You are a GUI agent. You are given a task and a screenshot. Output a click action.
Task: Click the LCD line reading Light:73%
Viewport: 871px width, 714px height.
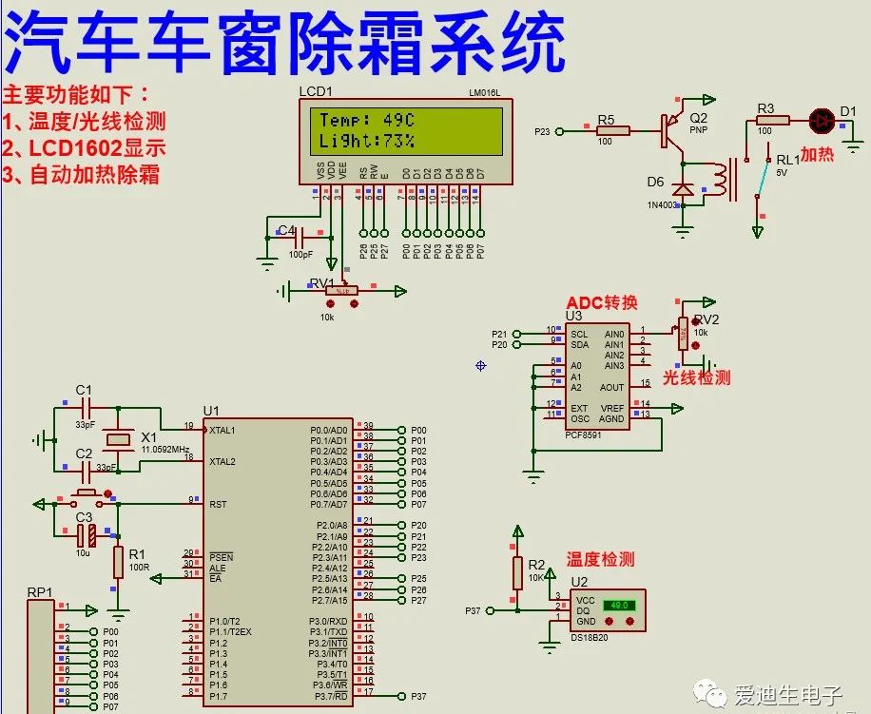366,141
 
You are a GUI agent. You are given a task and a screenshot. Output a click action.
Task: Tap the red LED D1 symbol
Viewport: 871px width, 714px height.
820,120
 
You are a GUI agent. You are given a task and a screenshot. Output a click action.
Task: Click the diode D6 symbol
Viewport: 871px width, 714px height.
682,188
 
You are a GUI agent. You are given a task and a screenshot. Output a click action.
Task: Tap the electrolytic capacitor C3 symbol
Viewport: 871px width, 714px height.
87,535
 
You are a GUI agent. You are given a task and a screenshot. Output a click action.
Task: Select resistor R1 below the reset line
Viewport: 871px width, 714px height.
118,562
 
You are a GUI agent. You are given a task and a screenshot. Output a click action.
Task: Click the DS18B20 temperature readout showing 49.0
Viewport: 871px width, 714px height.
620,605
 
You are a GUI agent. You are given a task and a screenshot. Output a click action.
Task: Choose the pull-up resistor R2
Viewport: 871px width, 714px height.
518,573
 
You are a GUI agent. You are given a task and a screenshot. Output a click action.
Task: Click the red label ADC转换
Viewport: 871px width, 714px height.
602,302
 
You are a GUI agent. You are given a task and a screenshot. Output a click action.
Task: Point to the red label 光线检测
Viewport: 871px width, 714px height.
696,377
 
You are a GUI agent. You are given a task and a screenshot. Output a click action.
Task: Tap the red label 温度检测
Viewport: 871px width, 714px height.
600,560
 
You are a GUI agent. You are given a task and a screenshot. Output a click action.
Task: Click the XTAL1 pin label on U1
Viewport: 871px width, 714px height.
223,430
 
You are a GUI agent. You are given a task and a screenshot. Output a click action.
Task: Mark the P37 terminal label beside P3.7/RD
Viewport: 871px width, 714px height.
418,696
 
